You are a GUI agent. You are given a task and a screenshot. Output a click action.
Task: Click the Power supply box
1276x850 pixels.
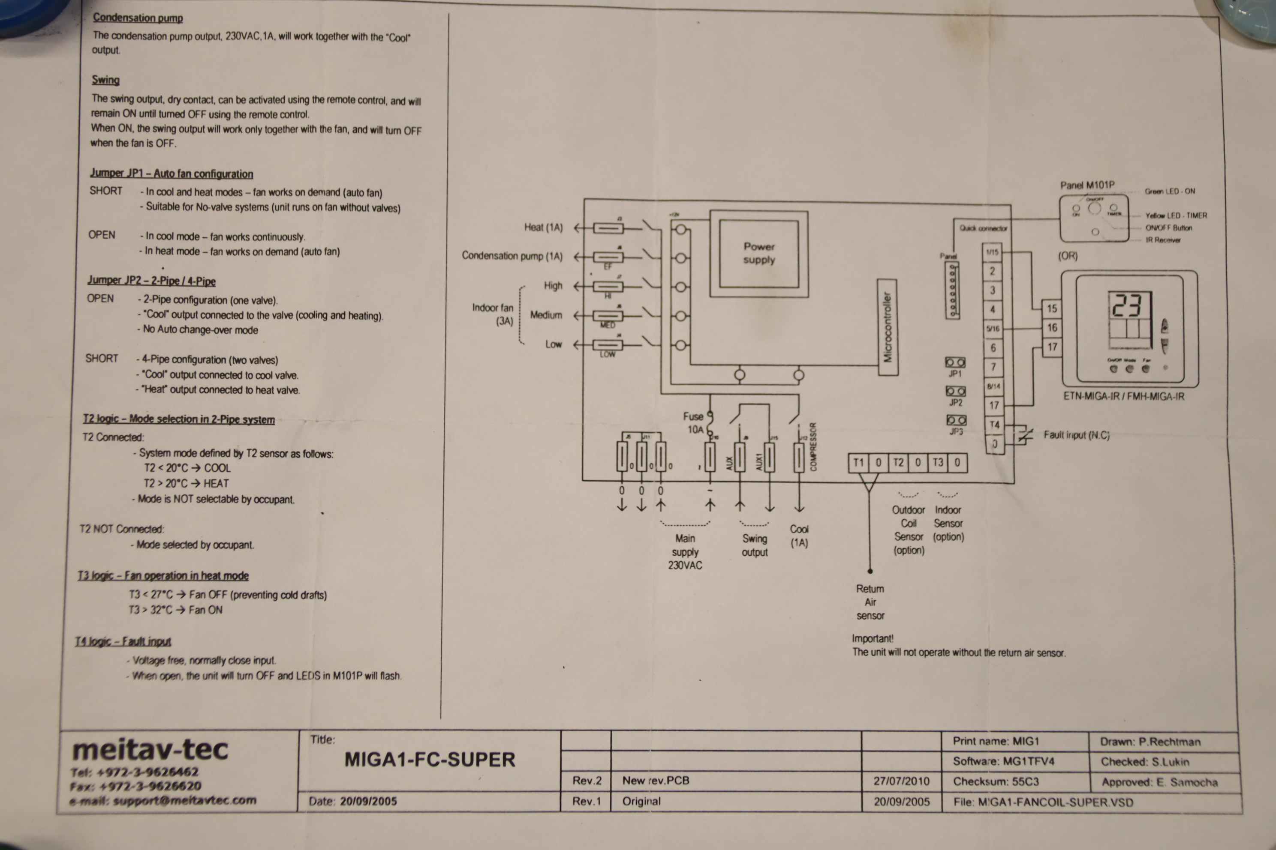[759, 253]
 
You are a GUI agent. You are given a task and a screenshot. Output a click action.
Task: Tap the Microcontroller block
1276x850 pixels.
[888, 327]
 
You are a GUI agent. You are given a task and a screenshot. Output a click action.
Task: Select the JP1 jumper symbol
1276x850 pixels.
[955, 362]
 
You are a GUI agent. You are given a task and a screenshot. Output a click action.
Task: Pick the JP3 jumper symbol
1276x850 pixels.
[956, 420]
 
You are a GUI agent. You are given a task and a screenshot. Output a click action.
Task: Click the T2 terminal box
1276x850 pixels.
[898, 462]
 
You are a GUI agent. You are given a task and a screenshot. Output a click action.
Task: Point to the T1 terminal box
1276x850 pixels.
[858, 462]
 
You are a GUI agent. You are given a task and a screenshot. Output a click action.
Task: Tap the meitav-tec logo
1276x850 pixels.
[150, 750]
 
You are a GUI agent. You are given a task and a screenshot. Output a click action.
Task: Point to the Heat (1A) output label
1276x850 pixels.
[543, 227]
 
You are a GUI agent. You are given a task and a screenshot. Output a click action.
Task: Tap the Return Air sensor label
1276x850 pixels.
[870, 602]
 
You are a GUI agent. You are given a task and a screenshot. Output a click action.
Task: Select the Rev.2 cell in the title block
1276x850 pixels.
[587, 781]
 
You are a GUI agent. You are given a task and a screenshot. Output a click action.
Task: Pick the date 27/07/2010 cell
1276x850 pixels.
[901, 781]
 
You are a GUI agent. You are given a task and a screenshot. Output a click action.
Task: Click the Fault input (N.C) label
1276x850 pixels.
[1076, 435]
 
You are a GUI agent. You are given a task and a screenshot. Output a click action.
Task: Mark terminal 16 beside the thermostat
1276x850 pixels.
[1052, 327]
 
